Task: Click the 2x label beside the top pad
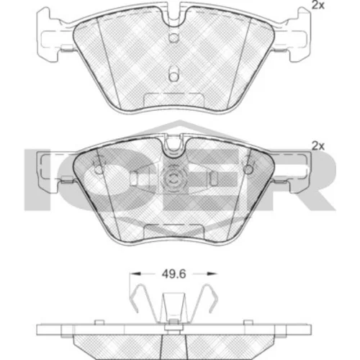[318, 5]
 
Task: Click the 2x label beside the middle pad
[318, 146]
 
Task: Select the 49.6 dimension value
[174, 274]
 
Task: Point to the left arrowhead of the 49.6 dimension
[135, 274]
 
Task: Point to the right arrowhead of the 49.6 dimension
[212, 274]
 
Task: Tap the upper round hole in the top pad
[174, 37]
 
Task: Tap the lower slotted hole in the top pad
[174, 74]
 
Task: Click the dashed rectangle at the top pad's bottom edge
[174, 99]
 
